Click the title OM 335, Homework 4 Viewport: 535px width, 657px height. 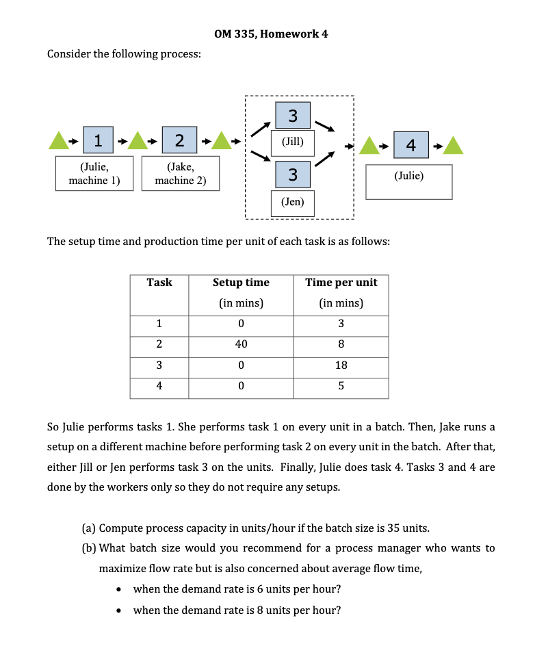click(267, 34)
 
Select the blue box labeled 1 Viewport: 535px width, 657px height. click(99, 141)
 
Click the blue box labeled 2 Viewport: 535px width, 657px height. click(179, 141)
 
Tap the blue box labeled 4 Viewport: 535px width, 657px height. click(410, 145)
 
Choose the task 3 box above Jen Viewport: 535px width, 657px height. click(293, 175)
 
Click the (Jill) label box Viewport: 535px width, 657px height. click(293, 143)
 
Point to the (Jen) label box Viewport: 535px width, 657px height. click(293, 202)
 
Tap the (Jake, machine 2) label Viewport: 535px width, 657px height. click(181, 173)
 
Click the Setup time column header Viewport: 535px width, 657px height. click(241, 283)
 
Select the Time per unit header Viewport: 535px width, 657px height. click(341, 283)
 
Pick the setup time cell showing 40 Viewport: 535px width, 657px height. click(241, 344)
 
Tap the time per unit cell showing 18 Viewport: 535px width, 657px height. click(341, 365)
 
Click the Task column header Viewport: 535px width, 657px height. click(159, 283)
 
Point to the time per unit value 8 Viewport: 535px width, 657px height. click(341, 344)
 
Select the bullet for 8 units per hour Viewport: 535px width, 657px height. click(120, 610)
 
